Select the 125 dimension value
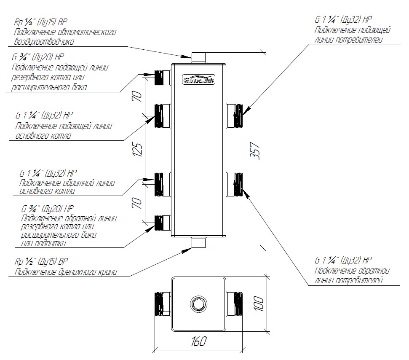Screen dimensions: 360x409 pos(138,148)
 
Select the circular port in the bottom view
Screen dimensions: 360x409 pos(198,303)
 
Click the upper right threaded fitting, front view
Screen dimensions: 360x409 pos(235,115)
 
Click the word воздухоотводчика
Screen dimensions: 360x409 pos(44,42)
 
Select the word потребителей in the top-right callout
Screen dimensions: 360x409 pos(361,40)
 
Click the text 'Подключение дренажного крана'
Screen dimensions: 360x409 pos(65,272)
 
